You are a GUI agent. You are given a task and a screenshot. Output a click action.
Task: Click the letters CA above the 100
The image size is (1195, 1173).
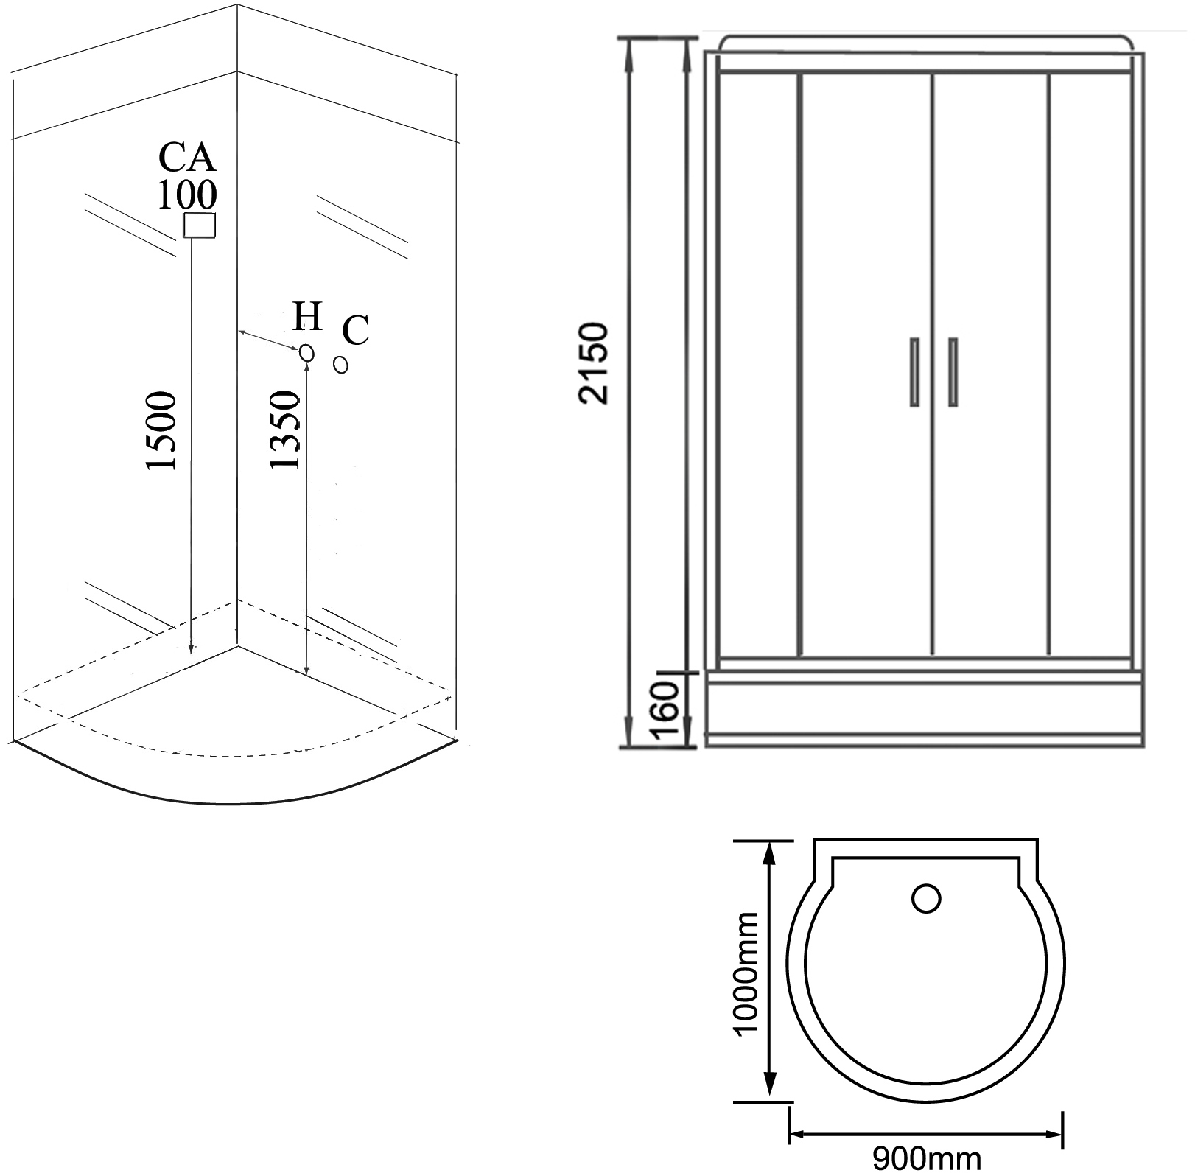(x=188, y=157)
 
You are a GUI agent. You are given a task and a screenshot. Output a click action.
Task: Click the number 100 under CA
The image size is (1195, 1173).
(x=187, y=195)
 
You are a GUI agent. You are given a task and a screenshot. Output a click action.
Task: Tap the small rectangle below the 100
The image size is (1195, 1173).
(x=199, y=225)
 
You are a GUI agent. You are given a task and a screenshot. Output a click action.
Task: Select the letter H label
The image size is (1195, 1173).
(x=307, y=317)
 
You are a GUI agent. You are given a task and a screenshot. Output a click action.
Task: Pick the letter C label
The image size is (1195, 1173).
(x=356, y=330)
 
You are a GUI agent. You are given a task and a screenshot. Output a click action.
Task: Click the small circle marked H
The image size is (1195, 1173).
(x=307, y=354)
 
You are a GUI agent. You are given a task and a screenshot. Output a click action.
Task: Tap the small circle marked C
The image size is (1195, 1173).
(x=340, y=365)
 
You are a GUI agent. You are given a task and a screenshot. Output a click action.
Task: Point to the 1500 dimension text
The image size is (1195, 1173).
(x=162, y=432)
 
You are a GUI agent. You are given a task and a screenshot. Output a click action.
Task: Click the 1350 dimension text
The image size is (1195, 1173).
(x=286, y=430)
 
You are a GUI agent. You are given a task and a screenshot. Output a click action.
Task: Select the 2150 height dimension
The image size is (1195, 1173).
(x=594, y=363)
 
